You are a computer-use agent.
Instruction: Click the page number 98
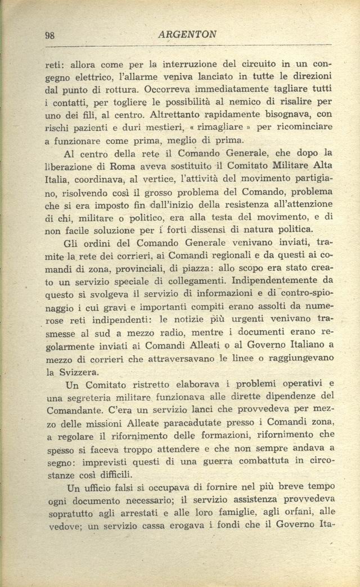tap(49, 35)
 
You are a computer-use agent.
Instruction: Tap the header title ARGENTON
tap(187, 34)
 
